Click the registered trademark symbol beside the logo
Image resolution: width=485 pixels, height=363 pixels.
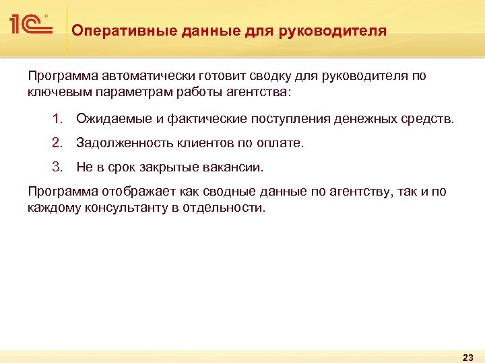coord(46,15)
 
